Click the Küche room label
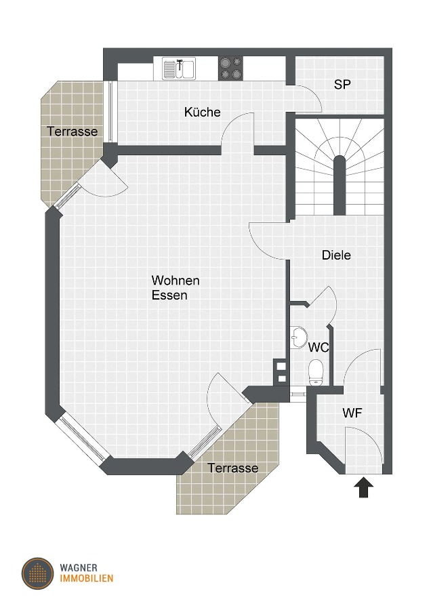pos(202,112)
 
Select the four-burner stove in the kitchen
pos(231,67)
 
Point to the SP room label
pos(342,85)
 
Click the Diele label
pos(336,256)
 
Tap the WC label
pos(319,348)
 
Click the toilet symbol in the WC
pos(315,371)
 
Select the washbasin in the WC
pos(297,336)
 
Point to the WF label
pos(352,413)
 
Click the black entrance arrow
pos(365,487)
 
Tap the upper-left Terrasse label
pos(73,131)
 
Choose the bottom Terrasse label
pos(232,468)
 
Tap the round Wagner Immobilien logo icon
pos(37,573)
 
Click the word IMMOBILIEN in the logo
pos(86,579)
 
